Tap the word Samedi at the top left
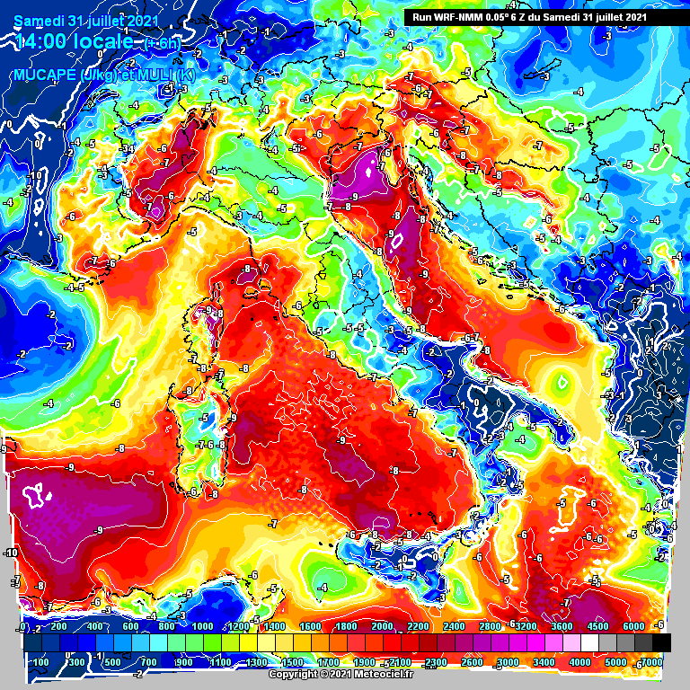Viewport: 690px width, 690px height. click(x=37, y=18)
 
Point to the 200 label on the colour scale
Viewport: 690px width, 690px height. click(x=59, y=626)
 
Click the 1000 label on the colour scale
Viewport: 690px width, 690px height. click(x=203, y=626)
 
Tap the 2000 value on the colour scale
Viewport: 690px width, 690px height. click(x=383, y=626)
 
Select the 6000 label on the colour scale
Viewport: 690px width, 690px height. click(x=634, y=626)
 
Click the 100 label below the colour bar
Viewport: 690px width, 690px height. click(x=41, y=662)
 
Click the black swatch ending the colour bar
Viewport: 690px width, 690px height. click(x=661, y=642)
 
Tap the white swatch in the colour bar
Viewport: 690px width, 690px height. click(x=589, y=642)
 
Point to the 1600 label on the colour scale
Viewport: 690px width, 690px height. click(x=311, y=626)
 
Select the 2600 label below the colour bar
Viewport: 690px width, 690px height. click(x=473, y=662)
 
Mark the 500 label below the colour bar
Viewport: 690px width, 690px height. click(x=113, y=662)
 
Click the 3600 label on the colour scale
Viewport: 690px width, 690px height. click(x=562, y=626)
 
